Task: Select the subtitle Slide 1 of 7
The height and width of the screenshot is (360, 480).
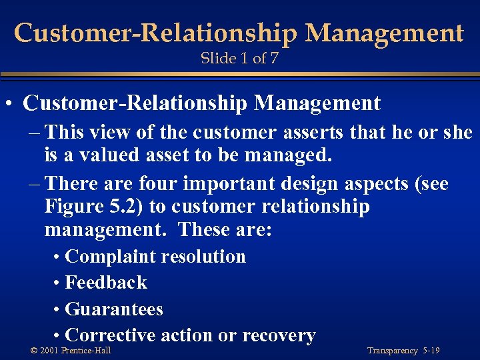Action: (239, 59)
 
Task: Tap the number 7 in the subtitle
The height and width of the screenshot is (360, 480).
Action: (274, 59)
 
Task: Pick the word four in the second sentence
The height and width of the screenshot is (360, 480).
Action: (160, 183)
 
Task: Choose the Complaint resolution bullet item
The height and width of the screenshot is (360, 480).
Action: (155, 257)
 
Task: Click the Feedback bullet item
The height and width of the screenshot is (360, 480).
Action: (106, 283)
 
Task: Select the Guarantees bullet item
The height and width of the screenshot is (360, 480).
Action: (114, 309)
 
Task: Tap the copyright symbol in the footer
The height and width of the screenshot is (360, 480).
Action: (34, 351)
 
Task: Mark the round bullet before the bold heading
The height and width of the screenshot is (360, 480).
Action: (11, 105)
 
